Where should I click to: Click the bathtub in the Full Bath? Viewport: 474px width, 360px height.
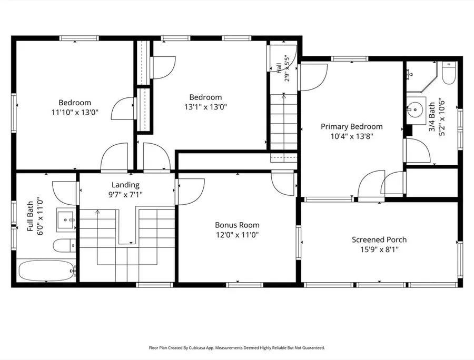click(46, 271)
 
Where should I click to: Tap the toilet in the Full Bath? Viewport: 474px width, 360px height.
click(64, 245)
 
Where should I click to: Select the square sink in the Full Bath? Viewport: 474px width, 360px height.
click(66, 219)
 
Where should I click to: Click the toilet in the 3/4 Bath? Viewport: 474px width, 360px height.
click(449, 73)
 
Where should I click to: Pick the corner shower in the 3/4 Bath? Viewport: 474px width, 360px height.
click(421, 77)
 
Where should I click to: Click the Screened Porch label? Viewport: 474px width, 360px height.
click(379, 239)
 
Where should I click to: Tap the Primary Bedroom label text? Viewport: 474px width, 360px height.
click(352, 126)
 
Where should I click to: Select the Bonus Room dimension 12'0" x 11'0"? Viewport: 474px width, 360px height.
click(237, 235)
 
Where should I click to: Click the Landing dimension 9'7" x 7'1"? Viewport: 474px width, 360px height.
click(125, 195)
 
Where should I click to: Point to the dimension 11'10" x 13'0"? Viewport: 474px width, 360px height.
click(75, 112)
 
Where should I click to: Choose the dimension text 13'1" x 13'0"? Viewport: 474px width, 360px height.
click(205, 107)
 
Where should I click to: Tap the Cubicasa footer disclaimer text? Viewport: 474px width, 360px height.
click(237, 348)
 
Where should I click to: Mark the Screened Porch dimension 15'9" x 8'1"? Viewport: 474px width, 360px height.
click(379, 249)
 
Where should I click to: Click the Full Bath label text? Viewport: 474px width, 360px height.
click(30, 216)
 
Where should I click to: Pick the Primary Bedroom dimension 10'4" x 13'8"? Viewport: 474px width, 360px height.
click(352, 136)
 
